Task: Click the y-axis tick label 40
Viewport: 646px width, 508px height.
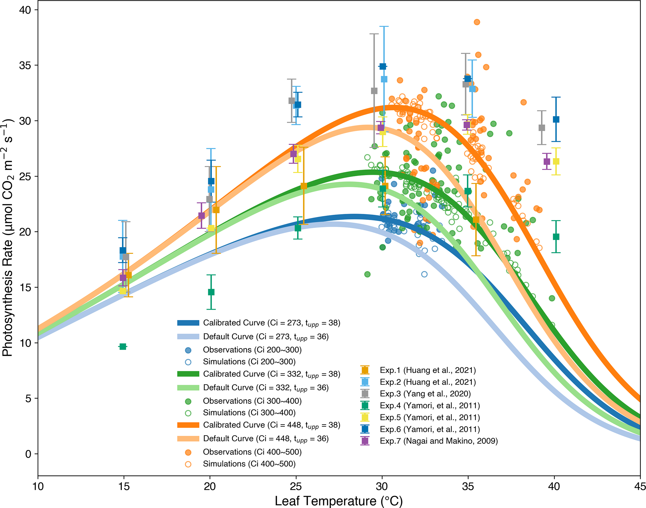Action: point(25,10)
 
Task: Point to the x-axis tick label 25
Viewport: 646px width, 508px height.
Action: point(296,486)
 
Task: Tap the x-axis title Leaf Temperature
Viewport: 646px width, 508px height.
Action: point(338,501)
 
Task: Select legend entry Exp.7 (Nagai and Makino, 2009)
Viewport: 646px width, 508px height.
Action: point(438,441)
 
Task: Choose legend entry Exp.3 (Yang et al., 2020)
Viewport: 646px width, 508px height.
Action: point(425,394)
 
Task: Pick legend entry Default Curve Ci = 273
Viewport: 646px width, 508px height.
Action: point(266,337)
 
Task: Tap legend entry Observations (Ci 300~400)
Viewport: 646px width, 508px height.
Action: point(252,401)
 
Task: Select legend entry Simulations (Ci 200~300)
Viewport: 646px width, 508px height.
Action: point(249,362)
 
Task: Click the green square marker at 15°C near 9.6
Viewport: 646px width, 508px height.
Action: point(123,347)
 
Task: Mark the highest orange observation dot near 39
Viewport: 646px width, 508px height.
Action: point(477,22)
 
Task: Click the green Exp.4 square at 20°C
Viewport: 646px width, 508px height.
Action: point(211,292)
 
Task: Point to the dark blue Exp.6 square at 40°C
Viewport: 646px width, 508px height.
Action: point(556,119)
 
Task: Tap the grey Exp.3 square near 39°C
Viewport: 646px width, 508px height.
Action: point(542,128)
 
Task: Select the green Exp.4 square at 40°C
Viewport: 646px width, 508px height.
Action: point(556,237)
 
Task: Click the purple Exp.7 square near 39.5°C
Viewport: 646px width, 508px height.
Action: point(547,161)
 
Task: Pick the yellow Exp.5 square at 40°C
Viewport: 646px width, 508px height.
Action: point(556,161)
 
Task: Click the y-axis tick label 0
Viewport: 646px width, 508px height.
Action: point(28,454)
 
